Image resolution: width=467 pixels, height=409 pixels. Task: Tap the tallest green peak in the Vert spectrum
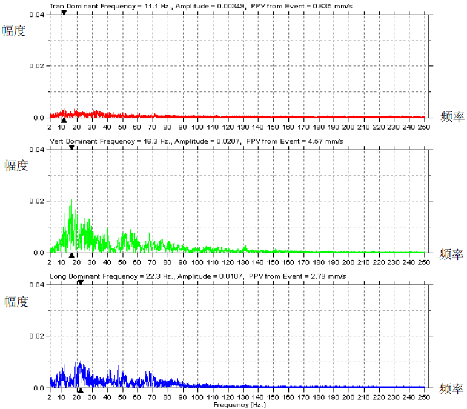[72, 201]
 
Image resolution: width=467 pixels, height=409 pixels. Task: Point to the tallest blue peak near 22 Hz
[80, 362]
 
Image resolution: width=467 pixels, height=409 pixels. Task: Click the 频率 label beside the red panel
[452, 118]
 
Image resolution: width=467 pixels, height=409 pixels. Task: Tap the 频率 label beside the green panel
[452, 253]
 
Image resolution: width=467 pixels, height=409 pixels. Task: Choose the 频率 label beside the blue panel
[452, 388]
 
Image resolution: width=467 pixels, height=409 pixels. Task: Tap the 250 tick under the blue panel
[424, 397]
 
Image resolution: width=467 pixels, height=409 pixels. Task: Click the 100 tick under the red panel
[198, 127]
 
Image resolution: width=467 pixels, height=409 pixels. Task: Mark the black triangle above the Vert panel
[71, 147]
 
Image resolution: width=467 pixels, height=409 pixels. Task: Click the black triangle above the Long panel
[80, 282]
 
